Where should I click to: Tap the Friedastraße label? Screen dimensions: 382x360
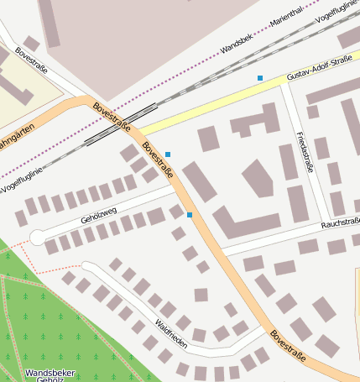(x=305, y=152)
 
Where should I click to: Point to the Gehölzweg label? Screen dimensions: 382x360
(x=98, y=214)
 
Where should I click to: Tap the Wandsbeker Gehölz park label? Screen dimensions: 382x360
(x=50, y=374)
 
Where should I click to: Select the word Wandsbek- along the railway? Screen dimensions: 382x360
(x=238, y=44)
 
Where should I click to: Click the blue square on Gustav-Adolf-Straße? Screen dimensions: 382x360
(x=260, y=78)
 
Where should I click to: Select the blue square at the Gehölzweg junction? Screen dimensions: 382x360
(x=190, y=216)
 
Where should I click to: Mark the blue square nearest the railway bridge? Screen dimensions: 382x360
(x=168, y=154)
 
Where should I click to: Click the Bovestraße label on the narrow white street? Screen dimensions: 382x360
(x=29, y=60)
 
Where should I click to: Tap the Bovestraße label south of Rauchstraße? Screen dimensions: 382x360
(x=288, y=346)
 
